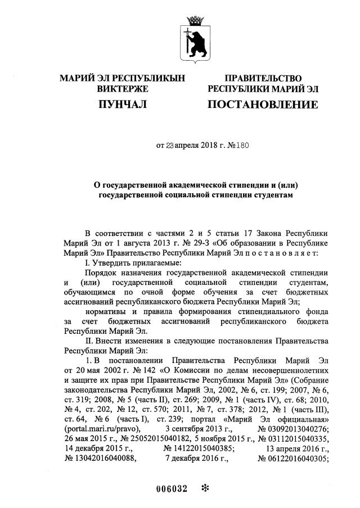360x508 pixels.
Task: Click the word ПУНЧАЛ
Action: [x=121, y=105]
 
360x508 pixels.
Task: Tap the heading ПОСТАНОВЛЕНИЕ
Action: [x=263, y=105]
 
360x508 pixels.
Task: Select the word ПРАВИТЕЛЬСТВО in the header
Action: [x=263, y=78]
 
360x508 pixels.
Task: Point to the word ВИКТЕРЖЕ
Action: [x=122, y=89]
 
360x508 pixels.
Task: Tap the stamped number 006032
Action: [x=171, y=488]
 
